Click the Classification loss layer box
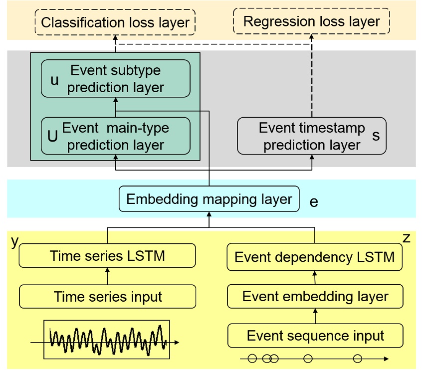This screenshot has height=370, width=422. (x=115, y=23)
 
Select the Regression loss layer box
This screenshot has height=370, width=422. (x=311, y=22)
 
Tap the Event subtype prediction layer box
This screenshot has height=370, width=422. (x=115, y=79)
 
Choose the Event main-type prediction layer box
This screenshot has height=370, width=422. (x=115, y=136)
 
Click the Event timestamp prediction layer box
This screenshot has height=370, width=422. (x=311, y=136)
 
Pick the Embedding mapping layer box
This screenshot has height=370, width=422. (x=209, y=199)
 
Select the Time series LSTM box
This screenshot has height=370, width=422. (x=107, y=256)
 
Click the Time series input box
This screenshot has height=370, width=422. (x=107, y=297)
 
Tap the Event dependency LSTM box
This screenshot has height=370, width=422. (x=315, y=257)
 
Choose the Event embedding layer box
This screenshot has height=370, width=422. (x=315, y=297)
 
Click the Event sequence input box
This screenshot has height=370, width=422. (x=315, y=336)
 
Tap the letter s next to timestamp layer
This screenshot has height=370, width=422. (x=376, y=135)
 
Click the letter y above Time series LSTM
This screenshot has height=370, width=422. (x=15, y=241)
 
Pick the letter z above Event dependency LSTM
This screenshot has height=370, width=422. (x=406, y=238)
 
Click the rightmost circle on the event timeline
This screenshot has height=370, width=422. (x=357, y=358)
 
